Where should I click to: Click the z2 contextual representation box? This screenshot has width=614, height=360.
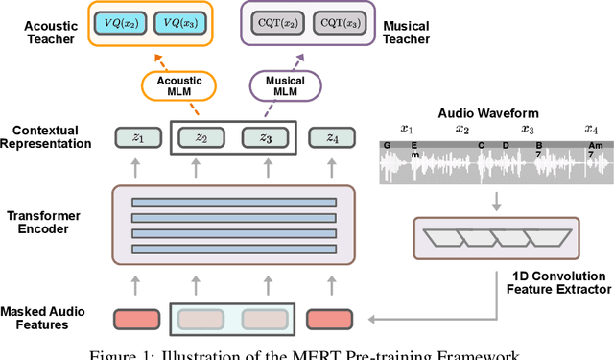click(x=200, y=139)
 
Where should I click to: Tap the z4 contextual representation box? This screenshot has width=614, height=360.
click(x=330, y=139)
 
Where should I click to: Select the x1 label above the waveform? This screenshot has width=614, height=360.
click(x=406, y=129)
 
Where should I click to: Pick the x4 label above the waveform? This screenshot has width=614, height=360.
click(x=592, y=129)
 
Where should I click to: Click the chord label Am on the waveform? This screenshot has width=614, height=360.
click(x=595, y=146)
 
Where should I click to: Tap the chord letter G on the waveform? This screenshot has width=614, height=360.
click(x=387, y=146)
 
